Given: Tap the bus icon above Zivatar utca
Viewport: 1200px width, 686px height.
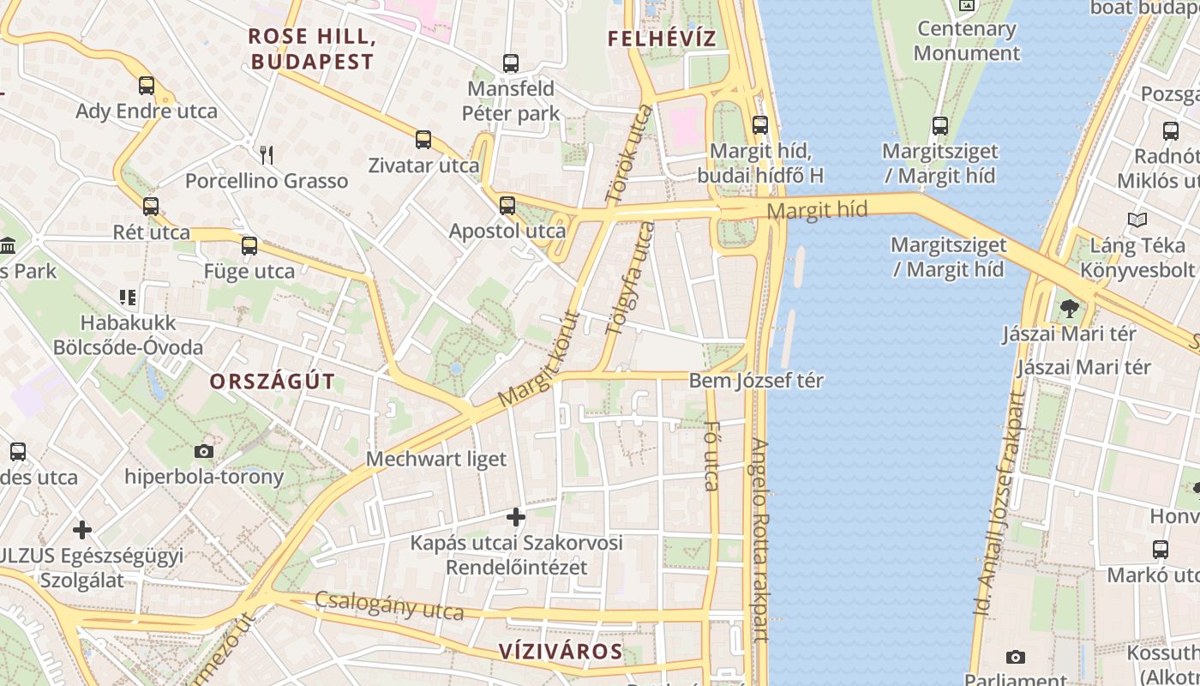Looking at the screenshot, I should (423, 140).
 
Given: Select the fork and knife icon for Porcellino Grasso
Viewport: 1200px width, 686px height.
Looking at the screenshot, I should (267, 155).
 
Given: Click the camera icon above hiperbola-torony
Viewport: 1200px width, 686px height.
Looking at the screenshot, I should (204, 451).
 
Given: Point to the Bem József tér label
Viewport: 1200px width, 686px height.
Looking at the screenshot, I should (756, 380).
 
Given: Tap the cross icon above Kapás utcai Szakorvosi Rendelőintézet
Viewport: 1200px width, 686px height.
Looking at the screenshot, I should (516, 517).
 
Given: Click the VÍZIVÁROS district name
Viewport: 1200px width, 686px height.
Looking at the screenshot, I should (561, 651).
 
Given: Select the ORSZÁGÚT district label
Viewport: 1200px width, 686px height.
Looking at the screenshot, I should (273, 382).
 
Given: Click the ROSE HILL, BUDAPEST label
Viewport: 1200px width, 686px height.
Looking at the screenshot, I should (312, 49).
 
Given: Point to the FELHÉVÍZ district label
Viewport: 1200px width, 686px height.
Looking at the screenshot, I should (661, 39).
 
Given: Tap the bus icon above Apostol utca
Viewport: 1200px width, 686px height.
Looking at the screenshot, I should (507, 206).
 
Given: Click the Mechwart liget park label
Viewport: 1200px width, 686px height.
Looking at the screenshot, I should (436, 459).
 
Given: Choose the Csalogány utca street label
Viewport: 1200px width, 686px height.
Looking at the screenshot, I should (389, 606).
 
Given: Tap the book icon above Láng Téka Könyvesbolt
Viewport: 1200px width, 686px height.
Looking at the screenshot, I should (1137, 220).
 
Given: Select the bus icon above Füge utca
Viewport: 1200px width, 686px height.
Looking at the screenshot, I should (249, 246).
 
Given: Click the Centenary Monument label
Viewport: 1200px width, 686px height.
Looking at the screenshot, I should (967, 40).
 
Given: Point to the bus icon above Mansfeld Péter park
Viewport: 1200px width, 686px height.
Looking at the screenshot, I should (511, 63).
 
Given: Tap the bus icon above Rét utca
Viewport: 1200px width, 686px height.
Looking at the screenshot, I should (151, 207).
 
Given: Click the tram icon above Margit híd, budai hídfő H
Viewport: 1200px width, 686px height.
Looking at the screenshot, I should (760, 125).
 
